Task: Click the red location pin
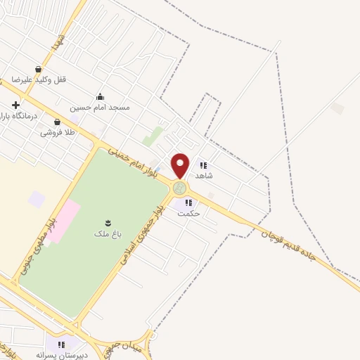pyautogui.click(x=180, y=165)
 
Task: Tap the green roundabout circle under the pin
pyautogui.click(x=180, y=188)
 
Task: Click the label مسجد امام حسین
pyautogui.click(x=100, y=108)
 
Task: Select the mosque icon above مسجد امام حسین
pyautogui.click(x=100, y=97)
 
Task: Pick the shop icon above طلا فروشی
pyautogui.click(x=57, y=122)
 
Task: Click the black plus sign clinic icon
pyautogui.click(x=15, y=105)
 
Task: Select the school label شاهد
pyautogui.click(x=204, y=175)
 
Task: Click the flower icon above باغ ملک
pyautogui.click(x=107, y=219)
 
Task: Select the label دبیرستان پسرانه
pyautogui.click(x=63, y=354)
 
